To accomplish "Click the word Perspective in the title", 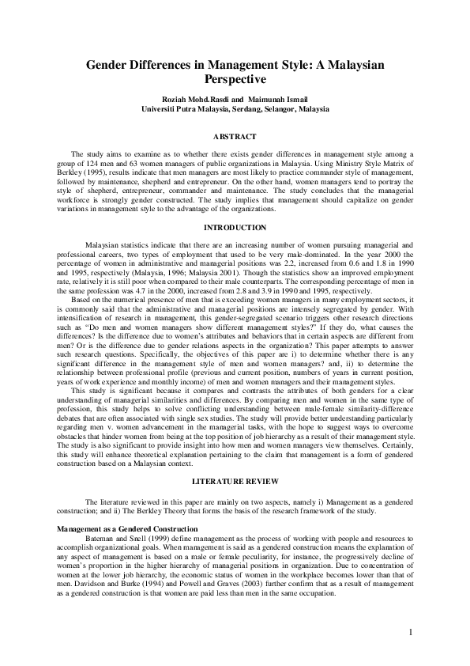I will [235, 80].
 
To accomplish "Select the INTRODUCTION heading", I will [235, 228].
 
